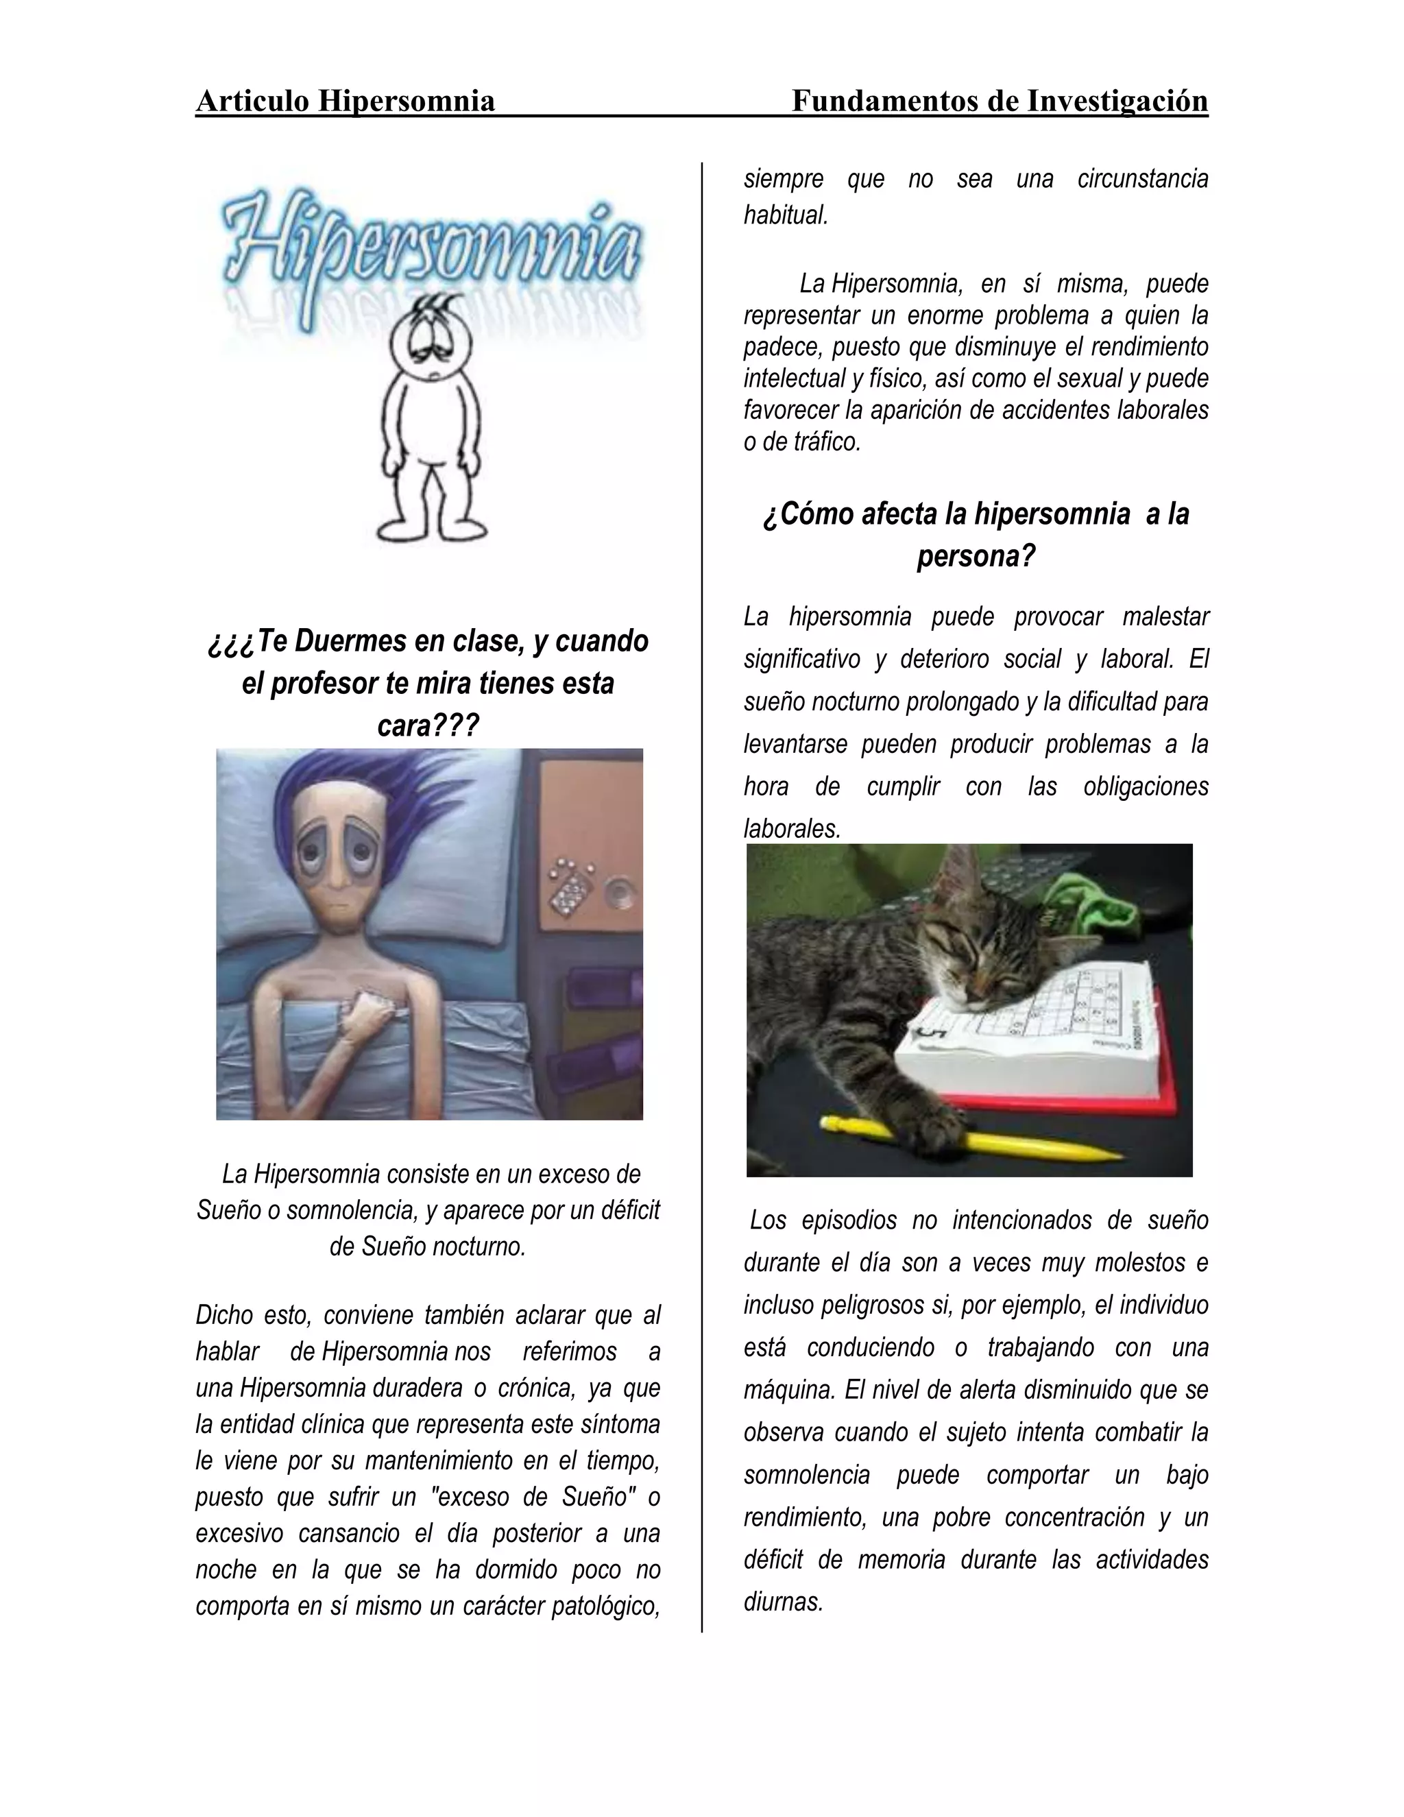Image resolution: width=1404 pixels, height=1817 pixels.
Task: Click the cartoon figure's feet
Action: pos(432,528)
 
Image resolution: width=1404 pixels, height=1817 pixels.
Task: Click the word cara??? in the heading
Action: pos(428,726)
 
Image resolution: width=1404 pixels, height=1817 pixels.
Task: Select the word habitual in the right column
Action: pos(784,215)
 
